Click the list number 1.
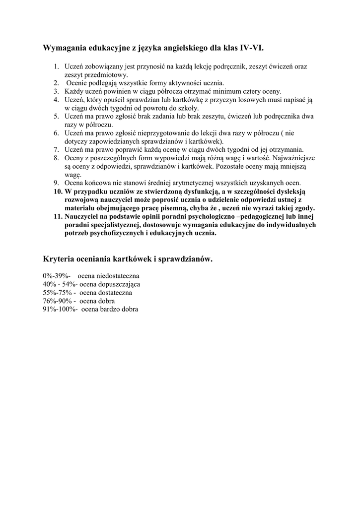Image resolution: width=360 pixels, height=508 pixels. tap(56, 66)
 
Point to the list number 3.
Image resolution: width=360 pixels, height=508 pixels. tap(56, 91)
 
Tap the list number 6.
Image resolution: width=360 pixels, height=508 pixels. tap(56, 133)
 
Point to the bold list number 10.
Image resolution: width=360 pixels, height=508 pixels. tap(57, 191)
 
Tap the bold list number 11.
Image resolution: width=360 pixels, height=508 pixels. tap(57, 216)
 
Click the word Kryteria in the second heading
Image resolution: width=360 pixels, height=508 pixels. tap(59, 258)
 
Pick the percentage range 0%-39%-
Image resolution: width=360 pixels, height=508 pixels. tap(57, 276)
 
